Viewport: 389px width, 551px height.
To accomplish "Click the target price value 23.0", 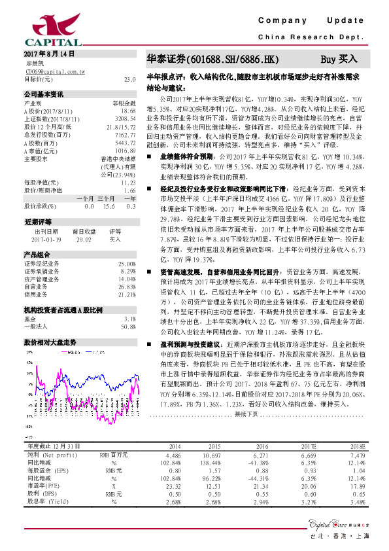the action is [129, 79].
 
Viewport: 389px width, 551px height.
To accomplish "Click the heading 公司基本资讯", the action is [44, 94].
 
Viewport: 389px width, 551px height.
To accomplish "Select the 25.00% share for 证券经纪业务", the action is [126, 263].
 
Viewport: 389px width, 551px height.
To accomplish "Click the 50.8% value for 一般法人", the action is [128, 326].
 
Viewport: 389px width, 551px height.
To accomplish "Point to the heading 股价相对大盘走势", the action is [50, 342].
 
